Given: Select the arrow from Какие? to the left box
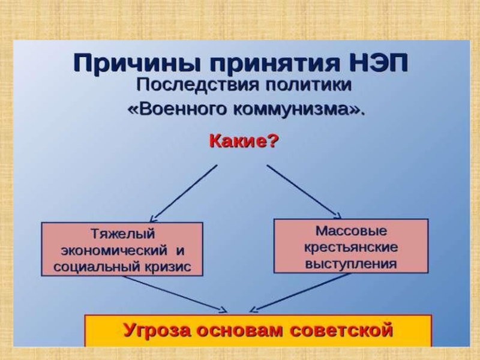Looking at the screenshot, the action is [x=183, y=193].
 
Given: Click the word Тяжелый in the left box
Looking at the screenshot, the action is [x=122, y=233].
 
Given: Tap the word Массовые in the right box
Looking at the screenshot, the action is [x=351, y=230].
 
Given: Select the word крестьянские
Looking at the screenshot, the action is [x=351, y=247].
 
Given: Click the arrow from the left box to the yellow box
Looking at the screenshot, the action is [x=174, y=294].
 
